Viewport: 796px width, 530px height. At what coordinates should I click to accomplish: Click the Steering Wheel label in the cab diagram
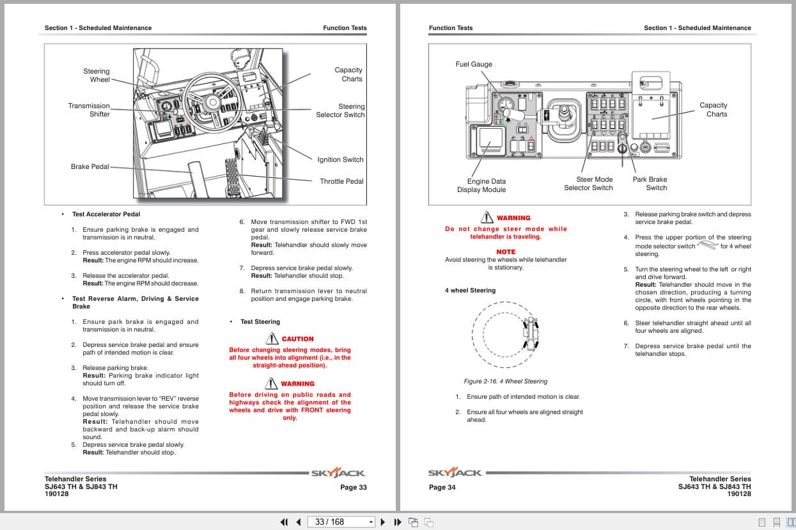[96, 76]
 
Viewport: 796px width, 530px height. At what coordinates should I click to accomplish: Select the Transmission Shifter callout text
[89, 110]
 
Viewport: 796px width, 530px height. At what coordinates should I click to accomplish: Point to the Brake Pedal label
[90, 166]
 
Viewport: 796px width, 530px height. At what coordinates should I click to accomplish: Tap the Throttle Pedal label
[341, 181]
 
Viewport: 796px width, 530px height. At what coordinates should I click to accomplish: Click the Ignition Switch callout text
[340, 159]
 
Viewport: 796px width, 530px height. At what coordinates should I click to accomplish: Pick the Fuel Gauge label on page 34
[474, 64]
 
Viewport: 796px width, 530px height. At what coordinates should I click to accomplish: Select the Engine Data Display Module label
[481, 186]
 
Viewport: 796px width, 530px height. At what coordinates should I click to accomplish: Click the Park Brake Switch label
[650, 184]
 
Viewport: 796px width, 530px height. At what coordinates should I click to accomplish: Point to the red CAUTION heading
[297, 339]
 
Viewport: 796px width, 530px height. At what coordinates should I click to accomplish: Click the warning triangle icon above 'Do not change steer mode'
[487, 218]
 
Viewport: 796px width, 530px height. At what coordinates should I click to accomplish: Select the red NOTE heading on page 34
[506, 252]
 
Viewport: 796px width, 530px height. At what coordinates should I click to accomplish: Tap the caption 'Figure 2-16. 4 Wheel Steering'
[506, 381]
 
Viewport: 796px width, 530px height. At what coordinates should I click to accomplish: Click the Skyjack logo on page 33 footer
[338, 474]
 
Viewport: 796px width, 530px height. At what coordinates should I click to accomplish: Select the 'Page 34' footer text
[442, 487]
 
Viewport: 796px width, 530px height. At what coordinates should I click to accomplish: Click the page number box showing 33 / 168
[341, 522]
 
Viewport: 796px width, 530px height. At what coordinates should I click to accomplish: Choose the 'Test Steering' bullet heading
[260, 322]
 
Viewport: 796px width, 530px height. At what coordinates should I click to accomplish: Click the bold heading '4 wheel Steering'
[470, 291]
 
